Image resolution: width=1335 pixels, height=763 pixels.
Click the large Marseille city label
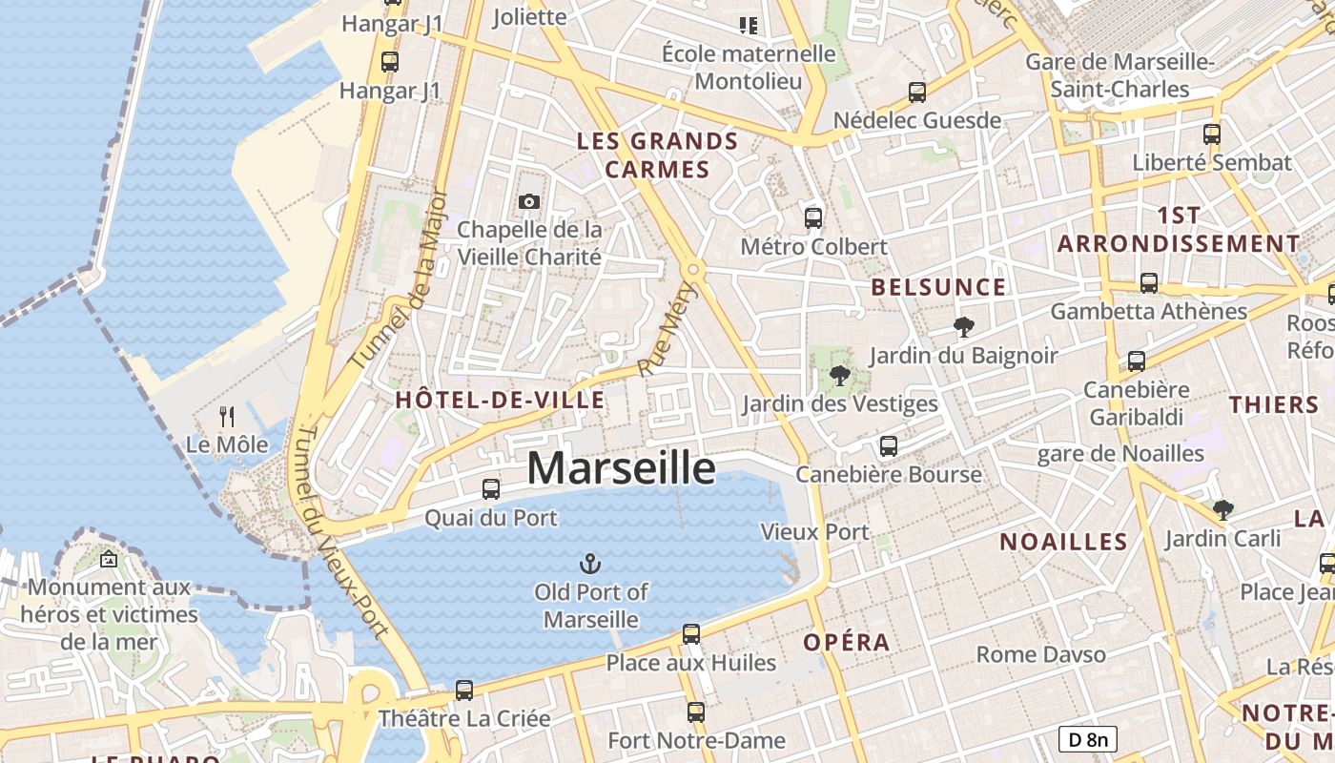(x=621, y=468)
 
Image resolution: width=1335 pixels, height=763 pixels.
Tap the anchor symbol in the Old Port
(x=590, y=564)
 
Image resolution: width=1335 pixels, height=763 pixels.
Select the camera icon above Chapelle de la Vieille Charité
(x=528, y=201)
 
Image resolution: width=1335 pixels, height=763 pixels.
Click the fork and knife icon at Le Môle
(x=227, y=416)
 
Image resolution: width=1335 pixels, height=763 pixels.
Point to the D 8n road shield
(x=1087, y=738)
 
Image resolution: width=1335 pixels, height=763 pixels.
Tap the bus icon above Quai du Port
(x=491, y=489)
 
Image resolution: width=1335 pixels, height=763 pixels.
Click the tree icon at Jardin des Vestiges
(x=839, y=375)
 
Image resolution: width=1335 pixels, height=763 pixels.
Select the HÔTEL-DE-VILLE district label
(x=501, y=400)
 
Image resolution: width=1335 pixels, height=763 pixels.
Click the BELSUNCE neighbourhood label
(x=939, y=287)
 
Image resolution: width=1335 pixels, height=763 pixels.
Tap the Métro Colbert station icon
(x=813, y=218)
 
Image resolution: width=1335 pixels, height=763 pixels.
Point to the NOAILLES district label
(x=1063, y=542)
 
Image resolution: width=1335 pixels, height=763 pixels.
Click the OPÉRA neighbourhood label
(x=847, y=642)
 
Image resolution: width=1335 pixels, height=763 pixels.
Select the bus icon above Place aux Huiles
(x=691, y=633)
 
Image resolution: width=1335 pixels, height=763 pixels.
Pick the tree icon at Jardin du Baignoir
(x=963, y=327)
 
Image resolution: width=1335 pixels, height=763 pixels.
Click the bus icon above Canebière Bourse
(x=889, y=445)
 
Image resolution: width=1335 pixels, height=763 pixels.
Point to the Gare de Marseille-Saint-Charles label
(x=1119, y=75)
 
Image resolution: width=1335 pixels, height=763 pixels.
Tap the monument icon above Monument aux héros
(x=108, y=559)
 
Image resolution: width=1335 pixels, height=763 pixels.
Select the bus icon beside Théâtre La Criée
(x=464, y=690)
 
